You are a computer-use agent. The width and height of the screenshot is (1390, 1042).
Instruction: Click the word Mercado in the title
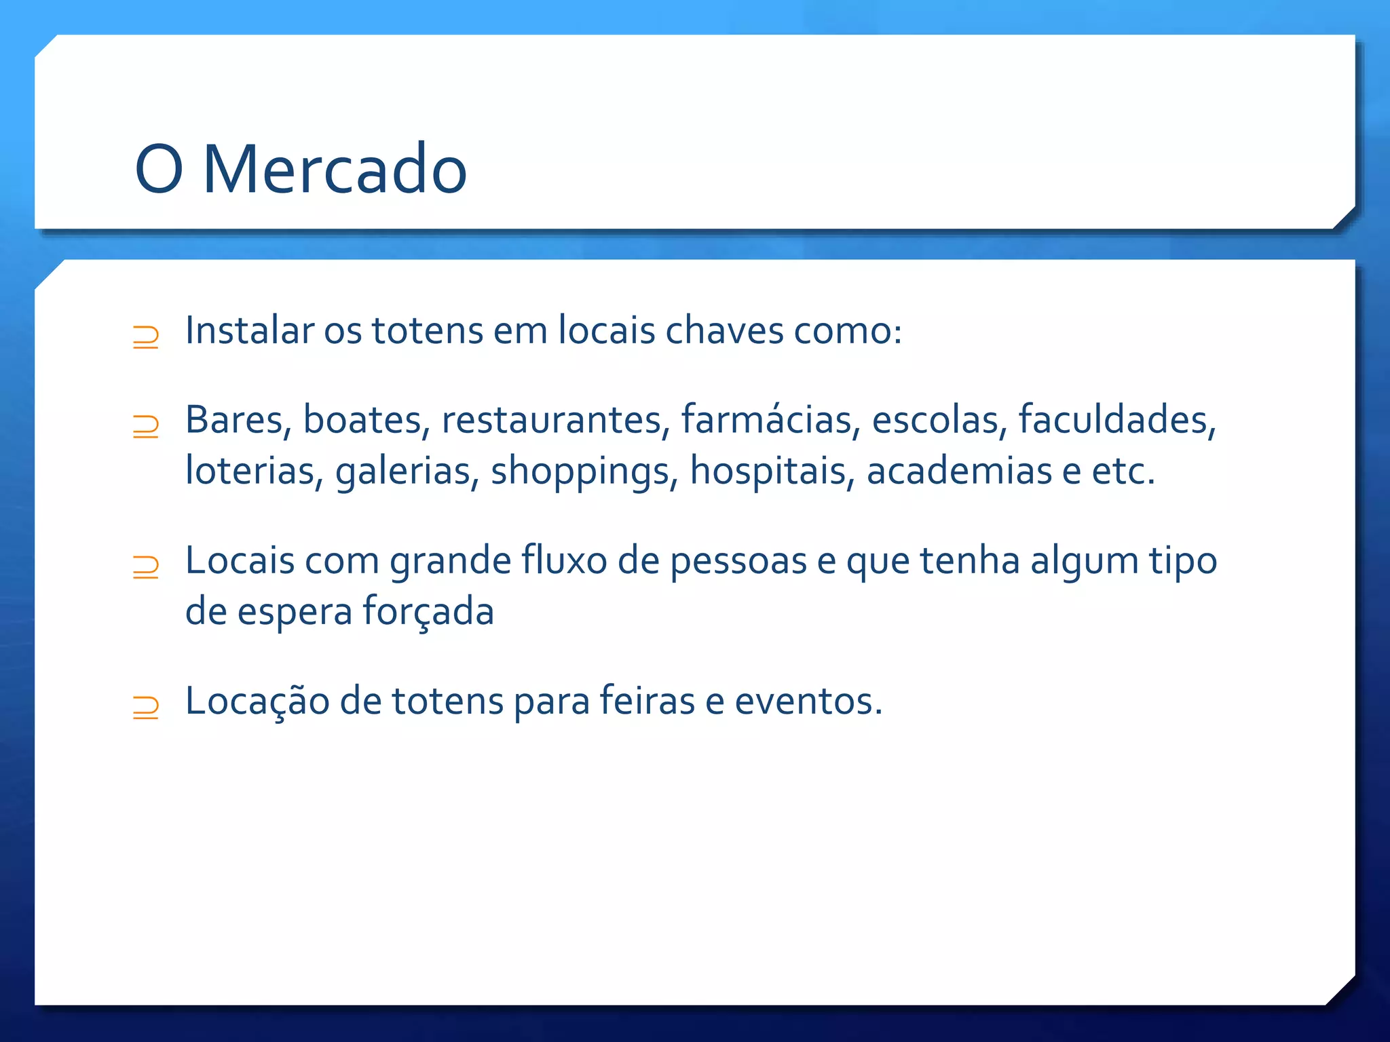[335, 169]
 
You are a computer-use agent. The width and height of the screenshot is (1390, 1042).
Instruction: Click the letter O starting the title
[159, 169]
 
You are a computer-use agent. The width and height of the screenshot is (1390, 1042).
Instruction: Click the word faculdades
[1116, 419]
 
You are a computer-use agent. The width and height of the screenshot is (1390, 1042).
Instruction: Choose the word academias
[959, 470]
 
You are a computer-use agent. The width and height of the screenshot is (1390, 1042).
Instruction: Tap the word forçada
[428, 612]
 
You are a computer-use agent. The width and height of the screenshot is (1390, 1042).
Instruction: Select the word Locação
[257, 701]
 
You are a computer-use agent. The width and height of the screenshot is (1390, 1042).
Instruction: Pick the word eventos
[808, 701]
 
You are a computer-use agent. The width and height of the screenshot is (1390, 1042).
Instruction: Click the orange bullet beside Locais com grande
[146, 566]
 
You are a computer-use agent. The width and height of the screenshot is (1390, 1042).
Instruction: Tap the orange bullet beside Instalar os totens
[146, 337]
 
